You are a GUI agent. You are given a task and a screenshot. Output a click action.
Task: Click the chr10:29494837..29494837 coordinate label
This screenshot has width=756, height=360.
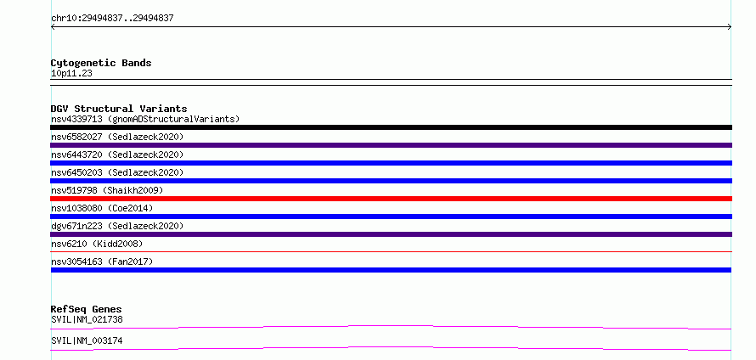[112, 19]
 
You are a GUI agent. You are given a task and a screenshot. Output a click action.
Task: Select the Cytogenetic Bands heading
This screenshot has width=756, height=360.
[101, 63]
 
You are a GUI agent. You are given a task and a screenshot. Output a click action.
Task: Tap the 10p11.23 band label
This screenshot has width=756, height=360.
[71, 74]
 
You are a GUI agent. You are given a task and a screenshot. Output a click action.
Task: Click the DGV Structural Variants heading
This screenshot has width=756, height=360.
[119, 109]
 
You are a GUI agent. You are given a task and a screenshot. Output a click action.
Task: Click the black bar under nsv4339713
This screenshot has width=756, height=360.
[391, 127]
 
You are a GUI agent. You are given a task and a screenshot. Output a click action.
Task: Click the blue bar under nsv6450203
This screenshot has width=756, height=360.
[391, 181]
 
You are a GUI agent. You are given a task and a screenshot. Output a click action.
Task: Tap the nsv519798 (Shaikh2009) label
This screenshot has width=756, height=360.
[107, 190]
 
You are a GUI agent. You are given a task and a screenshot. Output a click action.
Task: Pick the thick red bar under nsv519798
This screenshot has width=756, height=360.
[391, 199]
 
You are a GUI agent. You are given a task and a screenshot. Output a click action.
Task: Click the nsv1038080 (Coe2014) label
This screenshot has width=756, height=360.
[102, 208]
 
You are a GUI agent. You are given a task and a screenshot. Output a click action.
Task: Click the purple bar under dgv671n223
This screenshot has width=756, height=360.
[391, 234]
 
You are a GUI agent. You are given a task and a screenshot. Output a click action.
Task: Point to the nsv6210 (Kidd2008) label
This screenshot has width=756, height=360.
[97, 244]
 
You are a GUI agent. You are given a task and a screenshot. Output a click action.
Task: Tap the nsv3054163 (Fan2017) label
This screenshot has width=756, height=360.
[102, 262]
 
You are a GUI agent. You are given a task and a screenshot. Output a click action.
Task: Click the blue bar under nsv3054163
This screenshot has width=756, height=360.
[391, 270]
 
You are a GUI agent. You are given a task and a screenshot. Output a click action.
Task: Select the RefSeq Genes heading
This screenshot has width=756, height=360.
[87, 309]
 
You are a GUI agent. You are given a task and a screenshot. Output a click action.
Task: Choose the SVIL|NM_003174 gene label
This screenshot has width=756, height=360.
[87, 340]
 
